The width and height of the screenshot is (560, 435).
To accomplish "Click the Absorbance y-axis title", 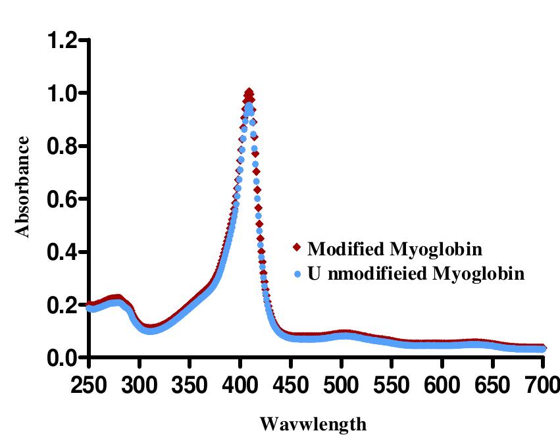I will coord(23,186).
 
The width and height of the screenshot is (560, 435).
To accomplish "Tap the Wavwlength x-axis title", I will coord(313,422).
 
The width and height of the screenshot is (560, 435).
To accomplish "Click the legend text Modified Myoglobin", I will coord(395,249).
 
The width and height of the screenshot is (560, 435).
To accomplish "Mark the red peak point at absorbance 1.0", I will coord(249,92).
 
